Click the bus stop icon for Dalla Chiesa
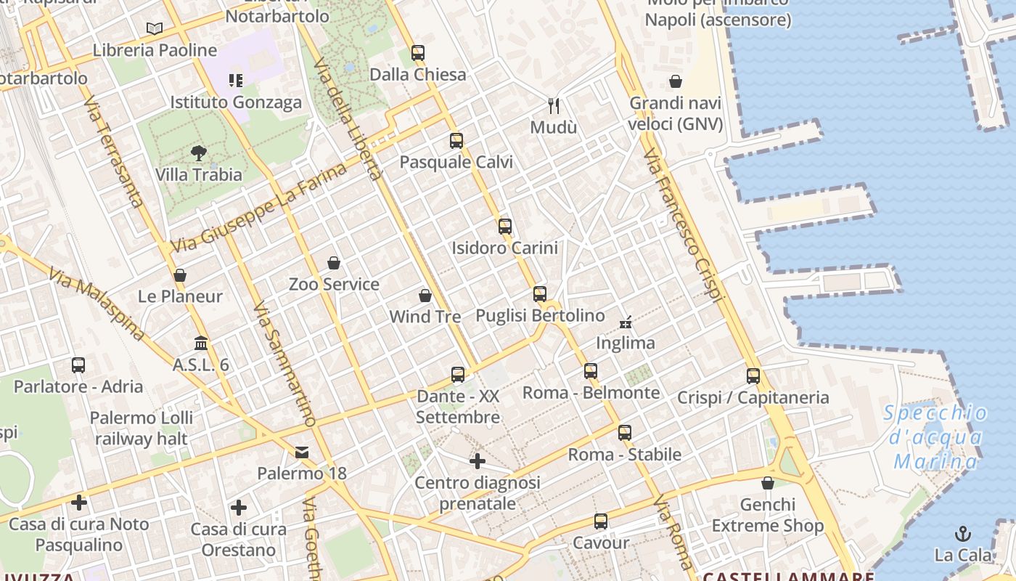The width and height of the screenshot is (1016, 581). point(417,52)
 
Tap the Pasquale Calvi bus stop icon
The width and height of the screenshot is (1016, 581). point(456,140)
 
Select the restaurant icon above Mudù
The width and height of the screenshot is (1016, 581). point(554,106)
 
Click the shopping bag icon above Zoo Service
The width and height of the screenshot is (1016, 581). point(334,262)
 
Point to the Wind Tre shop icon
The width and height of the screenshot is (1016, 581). point(425,296)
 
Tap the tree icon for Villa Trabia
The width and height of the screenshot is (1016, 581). point(198,153)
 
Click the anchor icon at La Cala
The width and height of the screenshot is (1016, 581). point(962,534)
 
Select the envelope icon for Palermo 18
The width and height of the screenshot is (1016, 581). point(302,452)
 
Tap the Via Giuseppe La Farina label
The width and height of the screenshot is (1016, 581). point(258,209)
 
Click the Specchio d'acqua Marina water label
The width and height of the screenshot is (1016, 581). point(936,437)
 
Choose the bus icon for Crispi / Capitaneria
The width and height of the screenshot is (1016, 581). point(753,375)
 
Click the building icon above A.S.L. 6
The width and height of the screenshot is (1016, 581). point(201,342)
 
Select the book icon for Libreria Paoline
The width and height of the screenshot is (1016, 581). point(154,28)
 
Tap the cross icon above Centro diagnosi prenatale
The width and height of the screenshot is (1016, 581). point(477,460)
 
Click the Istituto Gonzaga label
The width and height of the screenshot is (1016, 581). point(236,102)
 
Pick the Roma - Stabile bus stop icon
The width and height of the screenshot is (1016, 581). point(624,433)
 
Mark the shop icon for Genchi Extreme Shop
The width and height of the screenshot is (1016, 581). point(767,482)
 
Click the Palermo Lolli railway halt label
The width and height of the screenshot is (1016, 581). point(142,428)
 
